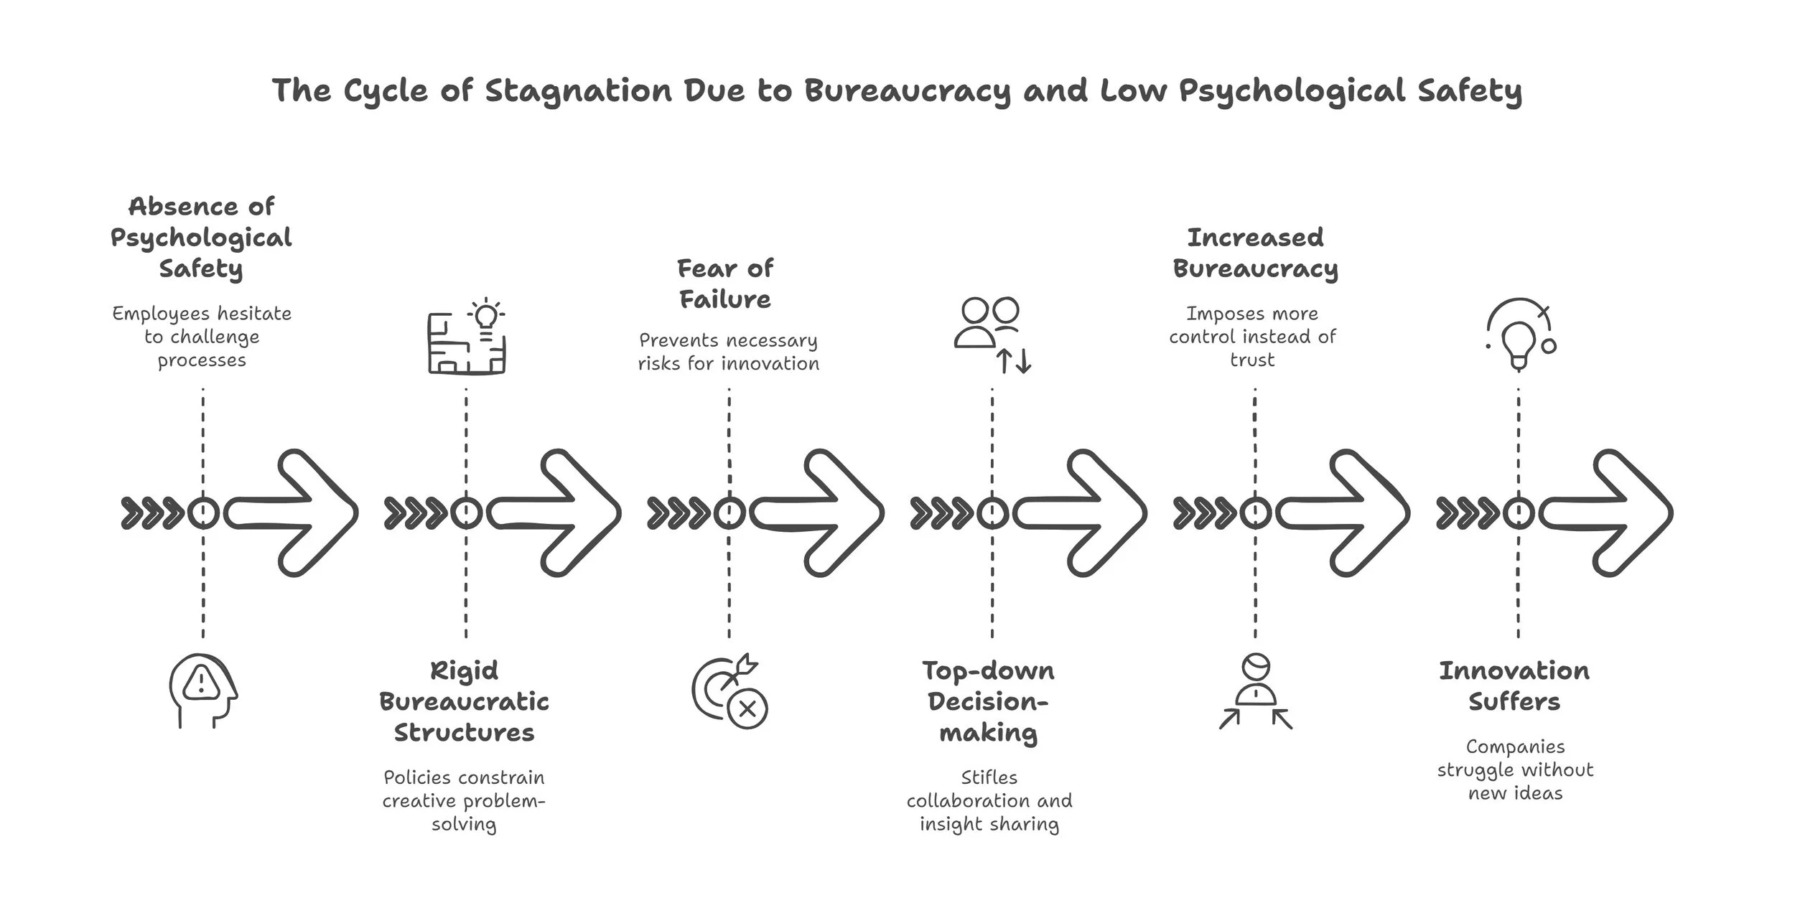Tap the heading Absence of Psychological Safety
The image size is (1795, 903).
click(x=201, y=238)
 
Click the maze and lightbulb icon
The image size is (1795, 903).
click(x=467, y=336)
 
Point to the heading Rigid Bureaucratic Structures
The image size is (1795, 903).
click(x=464, y=701)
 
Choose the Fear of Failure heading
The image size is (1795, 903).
click(x=725, y=284)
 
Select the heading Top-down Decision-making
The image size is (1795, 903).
click(x=989, y=701)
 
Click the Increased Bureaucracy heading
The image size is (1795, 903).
click(x=1255, y=253)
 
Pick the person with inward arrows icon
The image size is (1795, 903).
click(x=1256, y=691)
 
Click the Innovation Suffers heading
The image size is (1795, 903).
click(x=1514, y=686)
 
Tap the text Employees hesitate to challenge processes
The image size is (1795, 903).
click(x=202, y=337)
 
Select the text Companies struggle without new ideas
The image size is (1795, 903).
click(x=1515, y=769)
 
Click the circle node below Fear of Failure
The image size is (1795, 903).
click(x=729, y=513)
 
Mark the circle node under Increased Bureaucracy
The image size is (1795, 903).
click(x=1255, y=513)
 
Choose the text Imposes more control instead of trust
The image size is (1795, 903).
click(x=1252, y=337)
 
